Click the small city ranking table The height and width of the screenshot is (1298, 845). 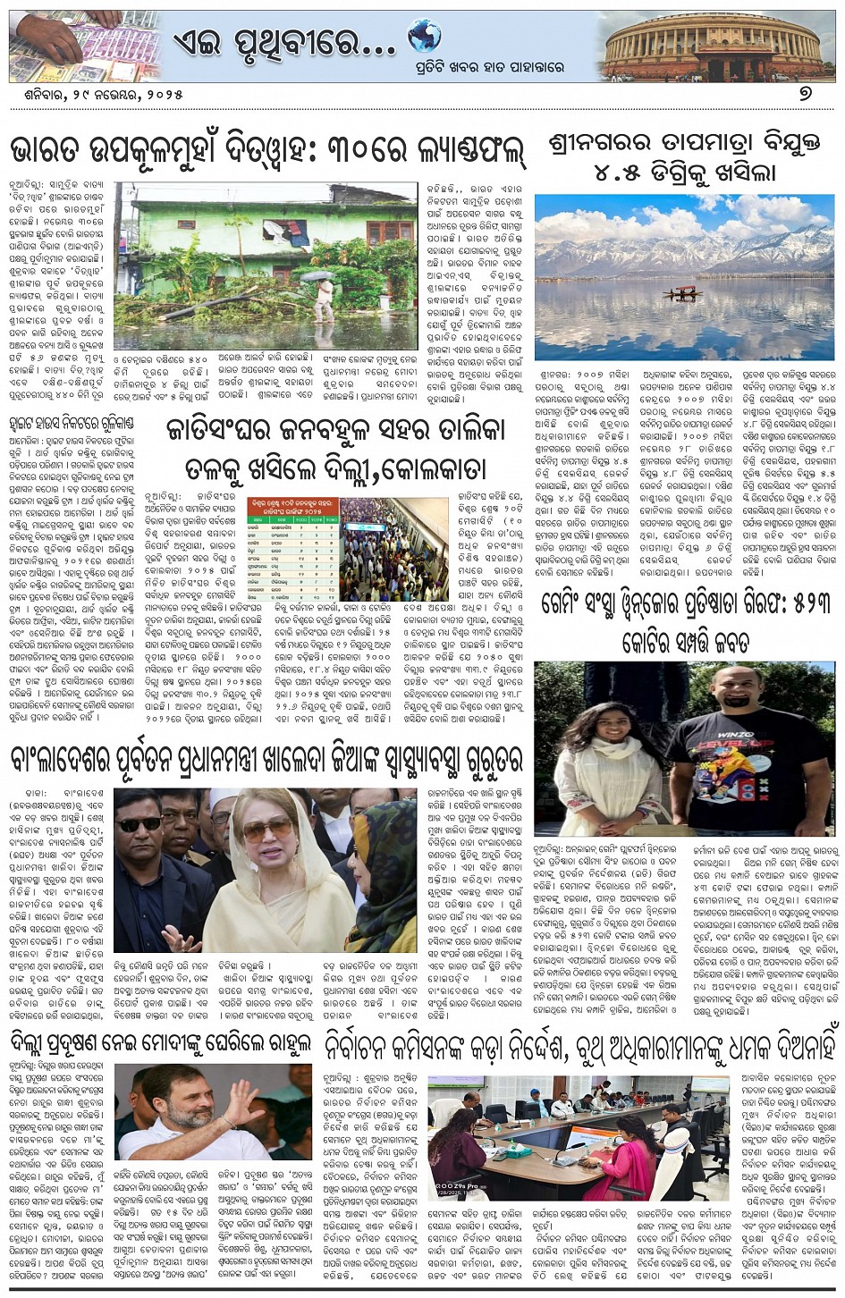pyautogui.click(x=292, y=536)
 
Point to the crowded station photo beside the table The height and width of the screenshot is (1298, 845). pyautogui.click(x=393, y=536)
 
